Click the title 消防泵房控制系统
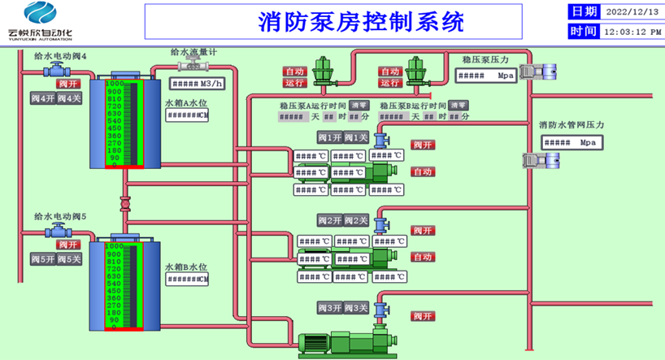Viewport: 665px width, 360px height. click(x=361, y=21)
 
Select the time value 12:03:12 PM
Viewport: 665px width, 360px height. click(x=632, y=32)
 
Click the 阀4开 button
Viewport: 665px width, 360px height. click(x=43, y=98)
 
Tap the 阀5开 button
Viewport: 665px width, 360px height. click(x=43, y=258)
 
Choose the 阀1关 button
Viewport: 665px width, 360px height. click(x=356, y=137)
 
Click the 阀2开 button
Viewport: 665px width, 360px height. click(x=329, y=220)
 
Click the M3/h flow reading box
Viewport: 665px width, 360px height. click(x=195, y=83)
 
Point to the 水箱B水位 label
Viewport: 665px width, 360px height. click(x=186, y=266)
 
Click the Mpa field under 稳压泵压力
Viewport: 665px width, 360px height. click(x=483, y=76)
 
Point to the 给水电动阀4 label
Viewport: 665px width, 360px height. click(x=60, y=56)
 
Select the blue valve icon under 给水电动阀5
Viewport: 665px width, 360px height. click(x=58, y=231)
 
